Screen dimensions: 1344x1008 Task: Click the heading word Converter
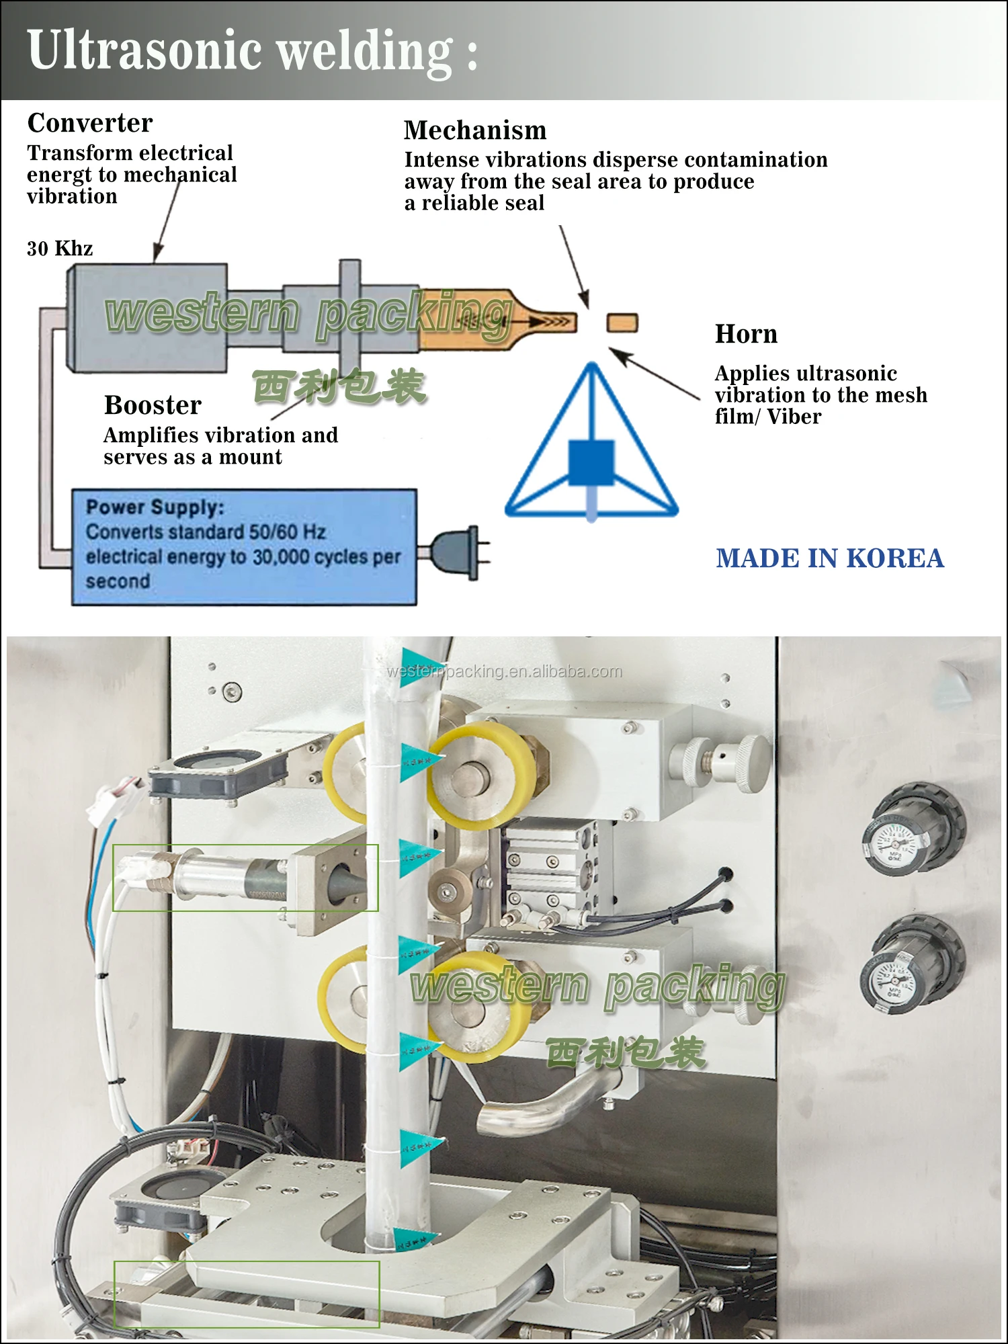click(90, 123)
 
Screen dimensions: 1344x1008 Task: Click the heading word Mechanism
click(475, 130)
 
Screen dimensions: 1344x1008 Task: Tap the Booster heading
click(153, 405)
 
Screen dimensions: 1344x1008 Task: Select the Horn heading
click(746, 334)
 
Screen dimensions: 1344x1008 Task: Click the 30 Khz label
click(60, 249)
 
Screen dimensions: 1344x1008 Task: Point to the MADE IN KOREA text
click(830, 558)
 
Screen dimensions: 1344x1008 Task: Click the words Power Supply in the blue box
click(155, 507)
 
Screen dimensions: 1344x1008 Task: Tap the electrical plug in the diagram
click(457, 553)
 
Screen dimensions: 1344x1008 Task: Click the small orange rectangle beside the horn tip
click(622, 323)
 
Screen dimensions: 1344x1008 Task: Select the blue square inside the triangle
click(591, 462)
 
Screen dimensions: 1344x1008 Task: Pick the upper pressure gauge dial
click(897, 843)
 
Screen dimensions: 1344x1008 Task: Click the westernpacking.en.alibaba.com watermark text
click(504, 671)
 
